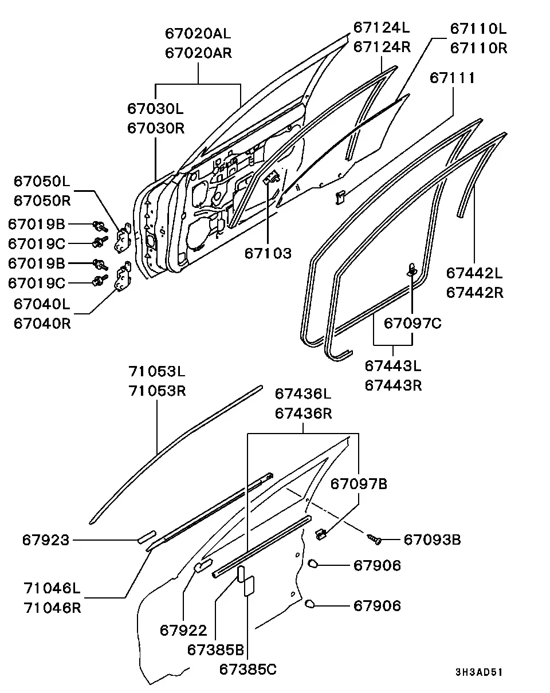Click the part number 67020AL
[198, 33]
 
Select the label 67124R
[382, 47]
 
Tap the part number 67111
[453, 78]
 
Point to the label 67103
[268, 254]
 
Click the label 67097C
[412, 324]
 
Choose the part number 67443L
[393, 366]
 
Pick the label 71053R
[157, 391]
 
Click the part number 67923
[46, 540]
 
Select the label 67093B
[432, 540]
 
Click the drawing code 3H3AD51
[479, 672]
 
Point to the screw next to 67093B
[374, 539]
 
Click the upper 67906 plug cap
[313, 564]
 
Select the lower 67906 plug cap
[309, 604]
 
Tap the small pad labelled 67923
[147, 537]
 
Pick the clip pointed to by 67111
[340, 198]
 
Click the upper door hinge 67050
[123, 238]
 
